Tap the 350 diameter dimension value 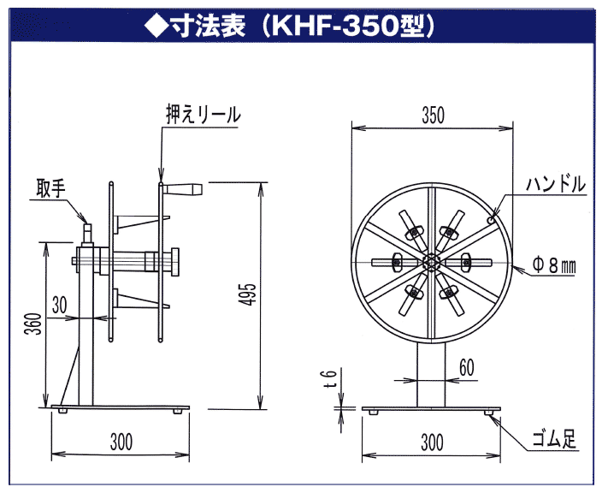tap(433, 116)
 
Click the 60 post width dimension tap(467, 365)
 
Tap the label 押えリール tap(204, 114)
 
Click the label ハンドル tap(557, 183)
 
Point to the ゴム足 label tap(557, 441)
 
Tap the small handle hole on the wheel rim tap(491, 220)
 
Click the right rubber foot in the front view tap(489, 412)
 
